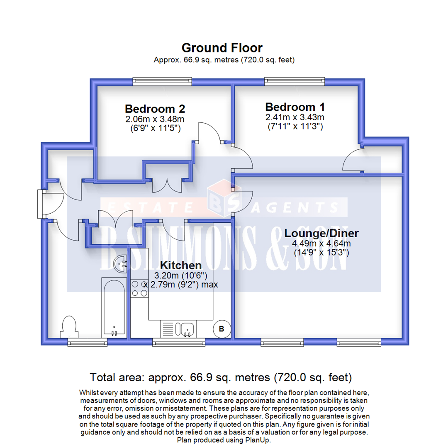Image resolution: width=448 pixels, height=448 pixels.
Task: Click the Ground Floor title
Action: [222, 48]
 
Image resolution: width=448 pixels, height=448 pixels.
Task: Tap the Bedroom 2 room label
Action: [155, 109]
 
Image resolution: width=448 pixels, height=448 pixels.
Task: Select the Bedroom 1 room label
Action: [295, 106]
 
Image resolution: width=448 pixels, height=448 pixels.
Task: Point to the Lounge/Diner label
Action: [321, 233]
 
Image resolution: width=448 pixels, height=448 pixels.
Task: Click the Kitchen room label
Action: [181, 265]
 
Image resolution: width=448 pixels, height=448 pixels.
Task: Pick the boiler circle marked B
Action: [221, 329]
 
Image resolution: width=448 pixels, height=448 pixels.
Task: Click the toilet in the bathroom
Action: [68, 326]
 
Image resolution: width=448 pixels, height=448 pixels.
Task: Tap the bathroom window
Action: [87, 342]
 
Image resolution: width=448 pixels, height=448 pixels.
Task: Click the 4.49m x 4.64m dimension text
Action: [321, 243]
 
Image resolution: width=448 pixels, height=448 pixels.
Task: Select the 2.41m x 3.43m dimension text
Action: [295, 117]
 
